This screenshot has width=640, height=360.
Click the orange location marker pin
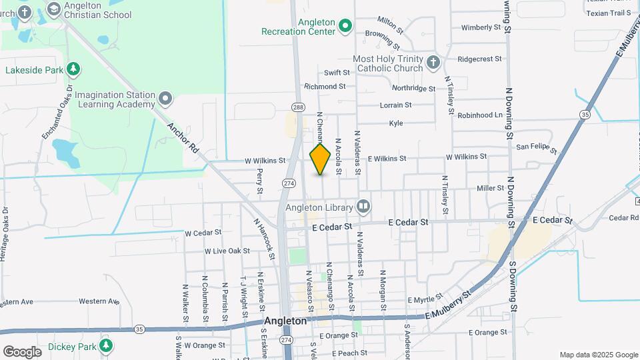pyautogui.click(x=321, y=159)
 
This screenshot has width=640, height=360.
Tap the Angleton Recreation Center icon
pyautogui.click(x=345, y=27)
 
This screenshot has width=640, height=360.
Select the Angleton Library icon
pyautogui.click(x=363, y=207)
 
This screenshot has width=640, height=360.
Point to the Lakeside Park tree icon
pyautogui.click(x=73, y=69)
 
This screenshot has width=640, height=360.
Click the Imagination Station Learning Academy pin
pyautogui.click(x=165, y=100)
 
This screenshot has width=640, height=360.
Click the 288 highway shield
pyautogui.click(x=297, y=107)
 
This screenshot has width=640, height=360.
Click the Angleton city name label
pyautogui.click(x=285, y=321)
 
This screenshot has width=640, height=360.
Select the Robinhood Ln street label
pyautogui.click(x=480, y=115)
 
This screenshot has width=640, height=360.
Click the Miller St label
pyautogui.click(x=490, y=188)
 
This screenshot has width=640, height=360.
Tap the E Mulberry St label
pyautogui.click(x=451, y=304)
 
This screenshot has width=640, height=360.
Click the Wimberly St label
pyautogui.click(x=481, y=27)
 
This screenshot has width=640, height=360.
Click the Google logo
pyautogui.click(x=22, y=351)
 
